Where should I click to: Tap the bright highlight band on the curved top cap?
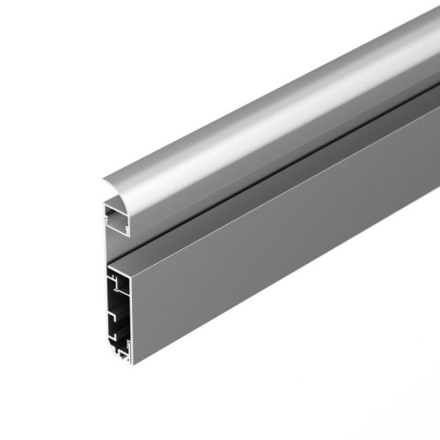[x=264, y=123]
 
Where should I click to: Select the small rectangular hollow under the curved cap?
[x=115, y=217]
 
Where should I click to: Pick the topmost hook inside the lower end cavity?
[x=115, y=281]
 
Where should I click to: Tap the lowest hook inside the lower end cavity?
[x=115, y=338]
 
